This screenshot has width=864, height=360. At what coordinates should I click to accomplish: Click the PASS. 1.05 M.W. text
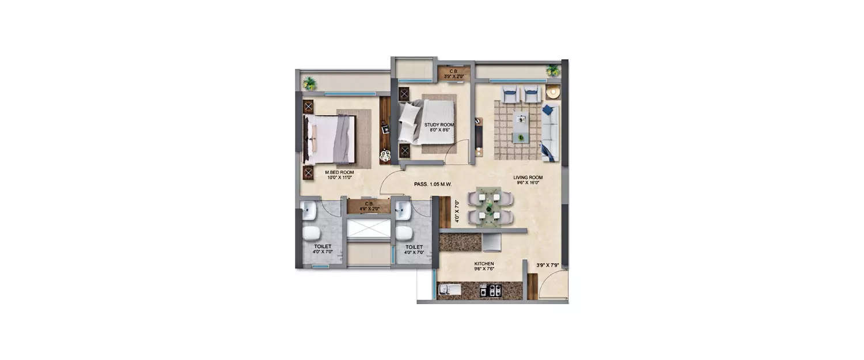coord(432,184)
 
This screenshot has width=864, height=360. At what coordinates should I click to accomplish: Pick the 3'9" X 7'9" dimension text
coord(547,266)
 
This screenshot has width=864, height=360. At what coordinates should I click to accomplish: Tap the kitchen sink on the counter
coord(450,290)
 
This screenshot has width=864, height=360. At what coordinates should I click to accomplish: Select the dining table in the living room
coord(491,207)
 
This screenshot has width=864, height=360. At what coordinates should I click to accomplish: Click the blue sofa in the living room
coord(550,133)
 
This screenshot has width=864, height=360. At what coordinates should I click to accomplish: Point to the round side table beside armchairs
coord(553,92)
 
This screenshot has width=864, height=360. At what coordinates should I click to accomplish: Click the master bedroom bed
coord(329,139)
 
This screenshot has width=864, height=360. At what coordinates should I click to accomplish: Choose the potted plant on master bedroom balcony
coord(310,84)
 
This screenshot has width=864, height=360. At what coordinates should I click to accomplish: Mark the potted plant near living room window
coord(553,70)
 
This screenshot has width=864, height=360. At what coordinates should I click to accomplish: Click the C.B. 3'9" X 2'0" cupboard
coord(453,74)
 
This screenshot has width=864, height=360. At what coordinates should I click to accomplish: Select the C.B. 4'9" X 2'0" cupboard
coord(368,206)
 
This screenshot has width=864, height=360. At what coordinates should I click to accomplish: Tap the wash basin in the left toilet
coord(309,211)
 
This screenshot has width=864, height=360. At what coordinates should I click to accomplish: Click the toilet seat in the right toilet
coord(404,233)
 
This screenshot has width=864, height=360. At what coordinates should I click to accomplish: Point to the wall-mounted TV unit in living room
coord(478,137)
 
